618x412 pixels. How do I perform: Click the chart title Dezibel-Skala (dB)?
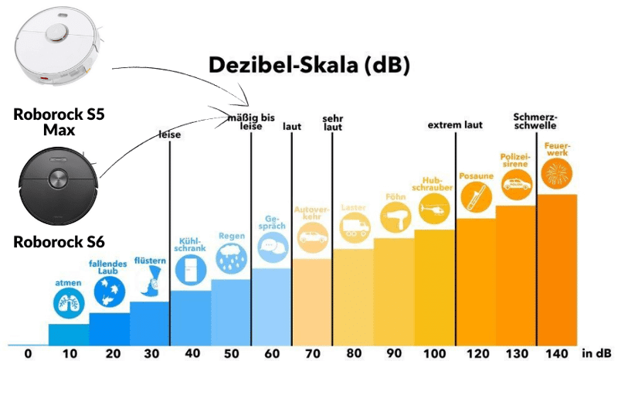309,65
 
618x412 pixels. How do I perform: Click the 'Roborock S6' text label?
57,242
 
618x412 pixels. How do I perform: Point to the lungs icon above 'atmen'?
68,305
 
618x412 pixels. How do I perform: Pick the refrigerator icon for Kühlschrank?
190,267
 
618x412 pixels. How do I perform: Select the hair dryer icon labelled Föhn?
396,217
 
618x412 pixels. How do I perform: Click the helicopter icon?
433,208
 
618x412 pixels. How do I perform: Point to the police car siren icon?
516,184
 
